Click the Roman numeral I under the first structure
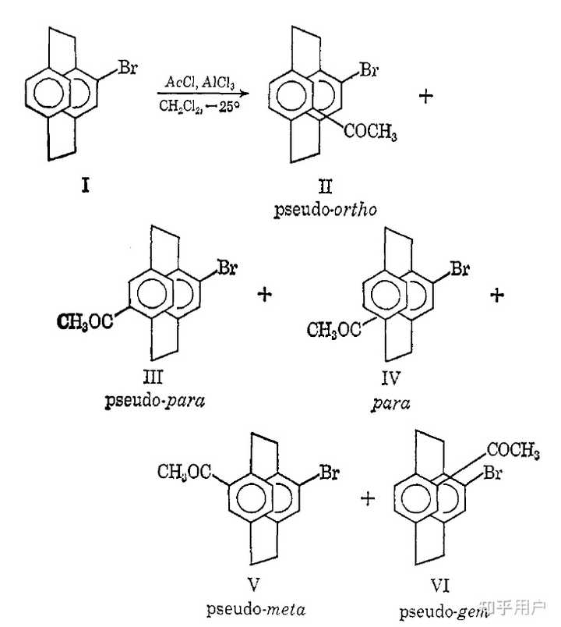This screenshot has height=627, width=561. tap(85, 186)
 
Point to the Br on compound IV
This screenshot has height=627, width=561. tap(460, 271)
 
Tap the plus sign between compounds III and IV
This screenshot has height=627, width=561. tap(266, 294)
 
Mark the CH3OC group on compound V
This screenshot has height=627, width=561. tap(183, 472)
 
